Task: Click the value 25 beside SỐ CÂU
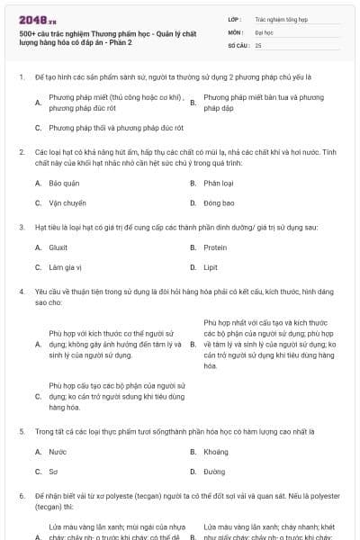coord(258,44)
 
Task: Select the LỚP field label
coord(234,18)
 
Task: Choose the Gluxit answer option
coord(58,247)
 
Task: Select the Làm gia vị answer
coord(66,267)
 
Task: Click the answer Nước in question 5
coord(58,452)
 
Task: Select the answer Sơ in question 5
coord(54,472)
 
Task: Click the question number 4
coord(21,292)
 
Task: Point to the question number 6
coord(21,496)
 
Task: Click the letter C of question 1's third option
coord(38,128)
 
